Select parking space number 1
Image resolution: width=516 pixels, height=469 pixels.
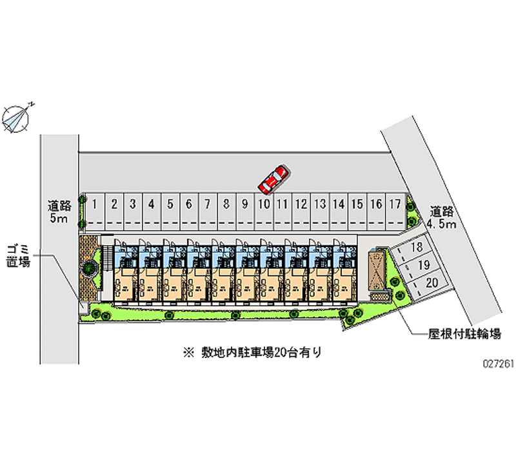tap(95, 205)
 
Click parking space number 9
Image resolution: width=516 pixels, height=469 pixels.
tap(245, 205)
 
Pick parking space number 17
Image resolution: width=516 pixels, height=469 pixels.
tap(395, 205)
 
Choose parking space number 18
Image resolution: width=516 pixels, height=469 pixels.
tap(416, 248)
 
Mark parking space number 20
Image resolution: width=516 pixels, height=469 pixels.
tap(432, 282)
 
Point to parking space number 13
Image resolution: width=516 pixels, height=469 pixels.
tap(319, 205)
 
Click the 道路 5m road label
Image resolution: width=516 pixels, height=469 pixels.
tap(59, 213)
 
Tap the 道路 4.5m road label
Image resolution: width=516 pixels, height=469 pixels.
tap(442, 217)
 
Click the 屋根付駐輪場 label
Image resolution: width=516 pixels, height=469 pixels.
tap(464, 335)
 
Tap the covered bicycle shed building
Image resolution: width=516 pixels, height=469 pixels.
tap(377, 270)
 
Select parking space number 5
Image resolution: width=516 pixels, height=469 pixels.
tap(170, 205)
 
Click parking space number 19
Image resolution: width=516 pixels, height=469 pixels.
tap(424, 265)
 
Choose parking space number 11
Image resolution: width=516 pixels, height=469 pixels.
tap(282, 205)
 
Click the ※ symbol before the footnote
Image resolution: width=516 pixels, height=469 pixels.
tap(188, 352)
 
